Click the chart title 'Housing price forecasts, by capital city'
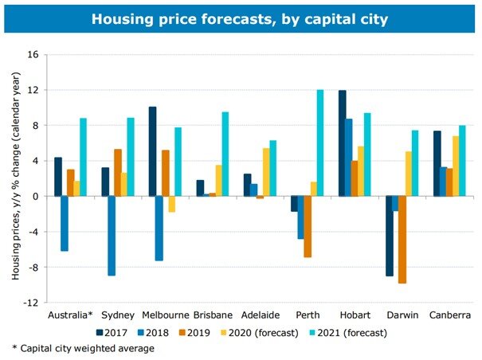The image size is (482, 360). [241, 18]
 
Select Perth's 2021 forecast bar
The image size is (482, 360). [320, 143]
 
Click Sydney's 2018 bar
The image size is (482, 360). [112, 235]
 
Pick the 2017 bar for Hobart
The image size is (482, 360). [343, 143]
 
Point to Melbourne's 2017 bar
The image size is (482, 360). [152, 151]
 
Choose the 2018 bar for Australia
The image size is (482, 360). [65, 223]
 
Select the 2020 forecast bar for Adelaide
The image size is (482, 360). [266, 172]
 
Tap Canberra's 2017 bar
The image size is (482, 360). [437, 163]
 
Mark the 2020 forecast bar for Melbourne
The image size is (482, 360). [171, 204]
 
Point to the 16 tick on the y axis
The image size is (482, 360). [33, 55]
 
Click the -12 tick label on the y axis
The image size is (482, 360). [31, 303]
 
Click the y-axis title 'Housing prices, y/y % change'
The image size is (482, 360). [15, 179]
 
